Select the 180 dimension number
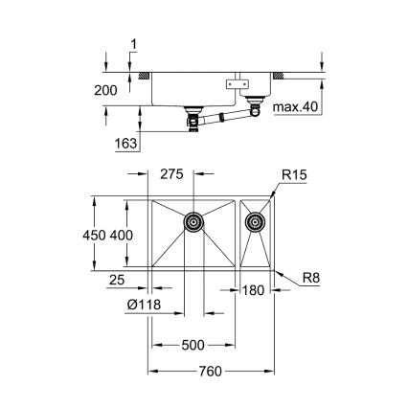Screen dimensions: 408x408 [x=254, y=290]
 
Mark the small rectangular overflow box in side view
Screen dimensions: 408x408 [x=234, y=85]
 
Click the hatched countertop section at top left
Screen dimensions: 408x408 [x=144, y=74]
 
